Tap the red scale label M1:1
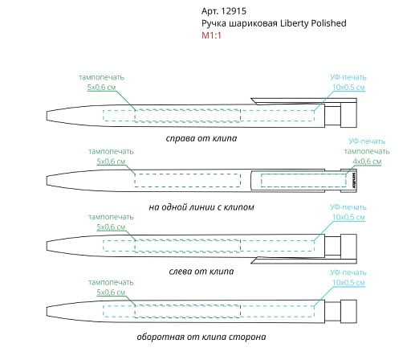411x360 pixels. coord(211,35)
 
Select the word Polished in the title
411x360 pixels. coord(328,23)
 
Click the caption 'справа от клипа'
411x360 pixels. coord(201,138)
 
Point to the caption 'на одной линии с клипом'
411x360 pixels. coord(201,207)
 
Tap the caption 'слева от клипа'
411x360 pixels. coord(201,272)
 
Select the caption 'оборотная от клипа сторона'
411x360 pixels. coord(201,337)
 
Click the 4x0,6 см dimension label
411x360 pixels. coord(367,162)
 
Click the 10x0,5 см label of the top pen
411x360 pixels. coord(348,88)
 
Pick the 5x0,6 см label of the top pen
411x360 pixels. coord(102,88)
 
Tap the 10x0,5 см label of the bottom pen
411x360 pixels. coord(348,283)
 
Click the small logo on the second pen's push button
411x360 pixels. coord(353,180)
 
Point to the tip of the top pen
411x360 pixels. coord(47,116)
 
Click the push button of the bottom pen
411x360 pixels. coord(348,311)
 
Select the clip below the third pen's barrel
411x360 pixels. coord(303,260)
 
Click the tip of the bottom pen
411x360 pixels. coord(47,312)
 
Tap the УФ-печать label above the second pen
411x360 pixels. coord(367,141)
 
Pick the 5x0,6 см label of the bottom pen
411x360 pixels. coord(111,292)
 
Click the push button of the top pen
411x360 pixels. coord(348,115)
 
